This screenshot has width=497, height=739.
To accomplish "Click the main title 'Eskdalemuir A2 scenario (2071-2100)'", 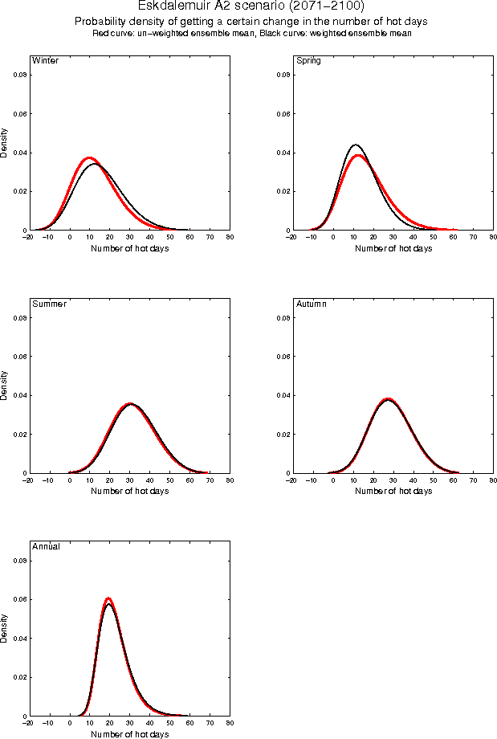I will [x=251, y=6].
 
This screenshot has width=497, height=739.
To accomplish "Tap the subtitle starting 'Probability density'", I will [x=251, y=21].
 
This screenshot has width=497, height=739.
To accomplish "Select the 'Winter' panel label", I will [x=45, y=61].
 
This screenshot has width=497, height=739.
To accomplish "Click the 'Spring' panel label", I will [x=309, y=61].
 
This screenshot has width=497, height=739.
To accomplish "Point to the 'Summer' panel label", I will [x=49, y=304].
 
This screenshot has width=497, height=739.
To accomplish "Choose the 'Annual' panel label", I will [x=46, y=547].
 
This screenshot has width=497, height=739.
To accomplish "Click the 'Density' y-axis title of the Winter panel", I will [x=4, y=142].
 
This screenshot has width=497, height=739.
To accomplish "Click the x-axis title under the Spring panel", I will [x=393, y=248].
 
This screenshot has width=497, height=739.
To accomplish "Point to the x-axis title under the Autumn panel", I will [x=393, y=491].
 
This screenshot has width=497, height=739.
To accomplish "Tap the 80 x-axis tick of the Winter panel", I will [x=230, y=238].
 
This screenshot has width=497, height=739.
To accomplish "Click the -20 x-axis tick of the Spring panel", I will [x=291, y=238].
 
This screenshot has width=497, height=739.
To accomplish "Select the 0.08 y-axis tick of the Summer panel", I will [x=20, y=317].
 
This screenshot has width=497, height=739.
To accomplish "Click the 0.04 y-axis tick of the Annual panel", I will [x=20, y=639].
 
